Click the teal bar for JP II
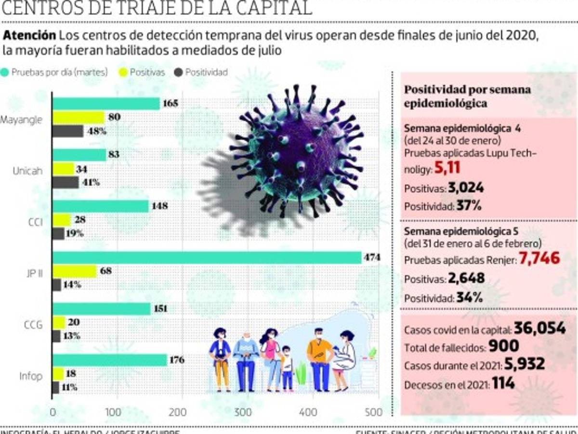pos(207,258)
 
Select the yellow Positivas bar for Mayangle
pos(79,117)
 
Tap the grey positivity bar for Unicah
pos(66,182)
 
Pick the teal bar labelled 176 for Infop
pos(110,360)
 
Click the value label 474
pos(372,258)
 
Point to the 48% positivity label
pos(96,131)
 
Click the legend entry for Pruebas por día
pos(55,72)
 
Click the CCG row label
pos(33,325)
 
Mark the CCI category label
pos(36,223)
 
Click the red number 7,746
pos(539,258)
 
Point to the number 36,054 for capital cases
pos(539,328)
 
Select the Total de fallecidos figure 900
pos(503,346)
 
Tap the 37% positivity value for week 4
pos(469,206)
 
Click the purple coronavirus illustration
pos(299,149)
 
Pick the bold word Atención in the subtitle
pos(29,36)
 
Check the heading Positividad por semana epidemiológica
pos(467,96)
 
